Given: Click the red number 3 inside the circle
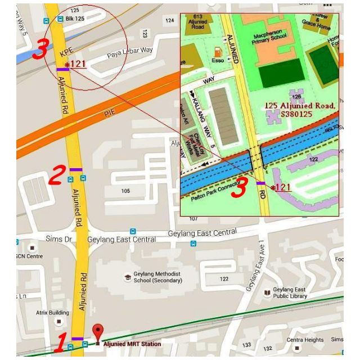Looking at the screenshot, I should pyautogui.click(x=40, y=49).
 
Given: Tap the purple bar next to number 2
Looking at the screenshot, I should pyautogui.click(x=76, y=169).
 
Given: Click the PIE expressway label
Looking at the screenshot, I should pyautogui.click(x=110, y=114).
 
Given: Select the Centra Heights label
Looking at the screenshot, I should pyautogui.click(x=305, y=340).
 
